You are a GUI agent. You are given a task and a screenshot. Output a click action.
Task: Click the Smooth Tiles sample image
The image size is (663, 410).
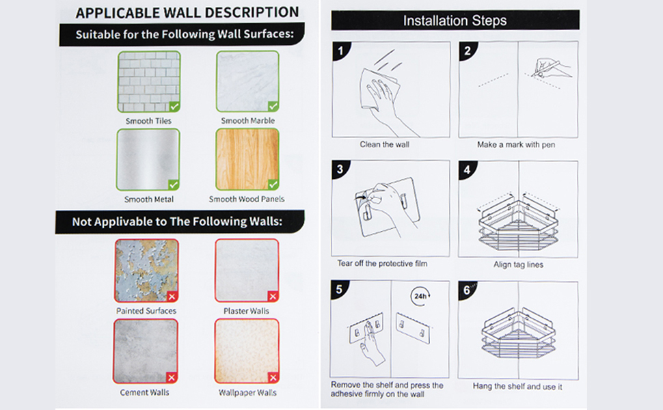click(x=149, y=81)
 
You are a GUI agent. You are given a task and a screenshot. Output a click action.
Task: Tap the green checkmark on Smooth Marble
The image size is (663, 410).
click(x=273, y=106)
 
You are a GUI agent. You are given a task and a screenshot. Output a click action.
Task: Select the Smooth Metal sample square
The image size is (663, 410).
click(x=148, y=160)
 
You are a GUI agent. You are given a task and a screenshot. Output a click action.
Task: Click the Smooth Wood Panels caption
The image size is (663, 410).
click(x=247, y=199)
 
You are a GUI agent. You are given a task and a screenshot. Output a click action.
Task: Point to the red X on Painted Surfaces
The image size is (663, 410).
click(x=172, y=297)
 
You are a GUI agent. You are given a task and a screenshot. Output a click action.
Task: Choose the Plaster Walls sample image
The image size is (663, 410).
click(x=247, y=271)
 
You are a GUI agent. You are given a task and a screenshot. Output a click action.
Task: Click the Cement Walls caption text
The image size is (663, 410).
click(x=145, y=392)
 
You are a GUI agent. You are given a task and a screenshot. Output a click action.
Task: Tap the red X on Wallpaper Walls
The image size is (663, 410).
click(x=273, y=377)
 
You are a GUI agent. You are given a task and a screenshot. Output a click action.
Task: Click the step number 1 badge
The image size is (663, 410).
click(x=340, y=51)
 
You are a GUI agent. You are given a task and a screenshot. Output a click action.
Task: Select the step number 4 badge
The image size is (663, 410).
click(x=467, y=169)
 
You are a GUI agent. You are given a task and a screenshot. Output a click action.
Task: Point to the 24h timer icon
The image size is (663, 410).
click(x=421, y=296)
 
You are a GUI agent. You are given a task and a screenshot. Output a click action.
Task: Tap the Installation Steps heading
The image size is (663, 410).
click(x=455, y=20)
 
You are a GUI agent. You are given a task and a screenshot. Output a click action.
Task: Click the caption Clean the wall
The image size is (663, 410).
click(x=384, y=145)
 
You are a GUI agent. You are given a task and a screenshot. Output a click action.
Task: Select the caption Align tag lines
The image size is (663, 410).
click(x=518, y=264)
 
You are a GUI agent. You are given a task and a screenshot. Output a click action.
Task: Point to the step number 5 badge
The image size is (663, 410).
click(x=339, y=290)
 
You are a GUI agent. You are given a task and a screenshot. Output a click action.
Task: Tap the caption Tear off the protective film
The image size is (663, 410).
click(x=382, y=264)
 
